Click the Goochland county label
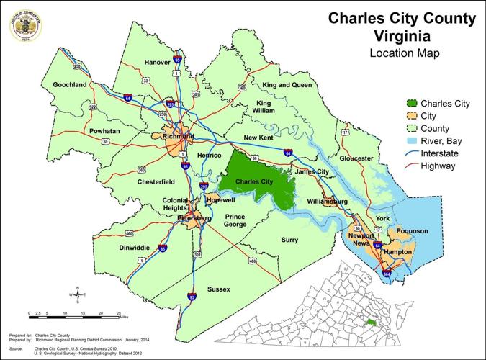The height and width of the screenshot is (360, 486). (69, 84)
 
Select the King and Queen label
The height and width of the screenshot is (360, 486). (286, 85)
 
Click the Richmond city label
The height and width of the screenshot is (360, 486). (179, 136)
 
